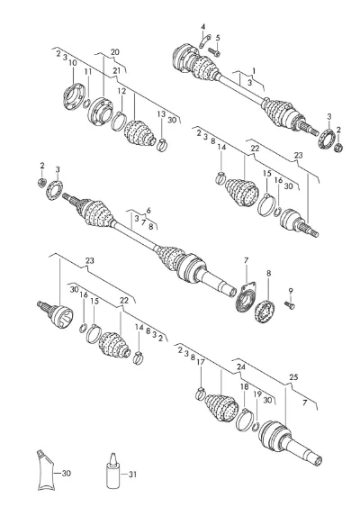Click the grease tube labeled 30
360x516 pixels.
44,470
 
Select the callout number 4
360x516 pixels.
203,26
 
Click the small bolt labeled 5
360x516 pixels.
214,51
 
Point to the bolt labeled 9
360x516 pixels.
289,305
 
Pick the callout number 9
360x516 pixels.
291,291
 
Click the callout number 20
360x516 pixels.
115,52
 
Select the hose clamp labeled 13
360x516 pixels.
162,144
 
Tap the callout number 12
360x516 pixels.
121,90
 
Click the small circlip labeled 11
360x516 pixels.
85,104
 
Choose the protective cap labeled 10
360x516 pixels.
73,96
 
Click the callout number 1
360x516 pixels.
254,71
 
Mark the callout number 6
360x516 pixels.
148,211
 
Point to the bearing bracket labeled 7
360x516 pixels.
247,296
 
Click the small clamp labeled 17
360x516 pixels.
200,394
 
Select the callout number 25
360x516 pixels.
293,377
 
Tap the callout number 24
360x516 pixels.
241,367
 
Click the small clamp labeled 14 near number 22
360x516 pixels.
220,177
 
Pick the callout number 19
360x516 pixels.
257,394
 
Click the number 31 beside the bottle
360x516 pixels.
131,475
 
